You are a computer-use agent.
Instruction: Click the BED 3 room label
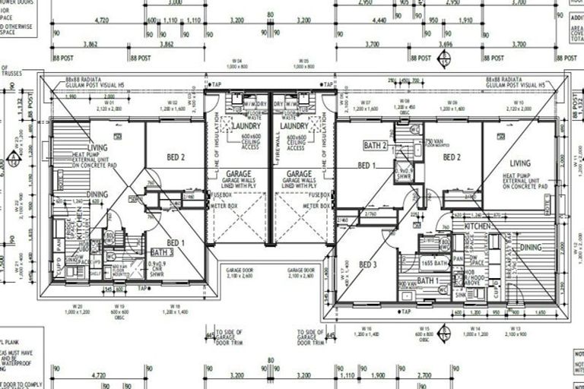369,264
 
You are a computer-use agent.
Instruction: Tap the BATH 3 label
162,251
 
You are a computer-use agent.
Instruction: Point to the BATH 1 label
430,280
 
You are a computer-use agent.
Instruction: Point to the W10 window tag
519,103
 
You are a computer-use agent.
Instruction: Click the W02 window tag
173,103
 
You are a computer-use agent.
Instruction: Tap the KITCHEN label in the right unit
478,226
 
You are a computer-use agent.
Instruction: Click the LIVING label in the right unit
520,163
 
